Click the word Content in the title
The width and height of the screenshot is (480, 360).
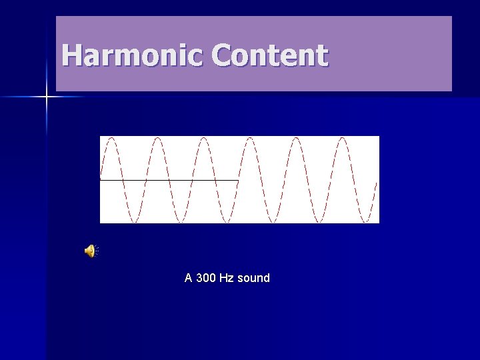tap(270, 55)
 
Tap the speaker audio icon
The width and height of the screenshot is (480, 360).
tap(90, 251)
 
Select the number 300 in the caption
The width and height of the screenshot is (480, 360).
tap(206, 278)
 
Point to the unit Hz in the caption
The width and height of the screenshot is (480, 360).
tap(227, 278)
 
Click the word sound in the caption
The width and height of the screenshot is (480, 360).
tap(253, 278)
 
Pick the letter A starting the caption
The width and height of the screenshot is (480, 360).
tap(189, 278)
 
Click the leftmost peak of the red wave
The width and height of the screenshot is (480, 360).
tap(111, 139)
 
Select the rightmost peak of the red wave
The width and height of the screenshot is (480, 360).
tap(343, 139)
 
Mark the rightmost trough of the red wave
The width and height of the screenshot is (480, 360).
tap(366, 221)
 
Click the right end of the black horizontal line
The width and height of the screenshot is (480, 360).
tap(238, 180)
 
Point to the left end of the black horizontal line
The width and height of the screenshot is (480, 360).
tap(101, 180)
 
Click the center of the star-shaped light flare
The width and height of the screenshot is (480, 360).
tap(47, 97)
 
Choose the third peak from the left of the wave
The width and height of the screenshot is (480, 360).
tap(203, 139)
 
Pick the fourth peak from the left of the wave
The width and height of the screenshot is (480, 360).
tap(250, 139)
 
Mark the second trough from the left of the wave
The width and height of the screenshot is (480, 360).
tap(180, 221)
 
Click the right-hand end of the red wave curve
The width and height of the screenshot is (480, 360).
tap(377, 182)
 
